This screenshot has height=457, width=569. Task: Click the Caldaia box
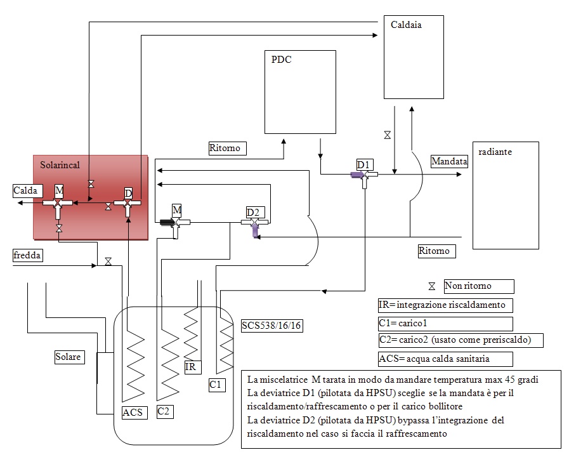(414, 57)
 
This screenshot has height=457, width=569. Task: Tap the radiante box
(506, 195)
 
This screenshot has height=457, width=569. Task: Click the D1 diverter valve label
(363, 165)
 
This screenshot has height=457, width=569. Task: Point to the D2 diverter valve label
(253, 211)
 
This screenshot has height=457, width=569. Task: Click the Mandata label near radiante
(449, 162)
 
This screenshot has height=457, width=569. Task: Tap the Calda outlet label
(25, 190)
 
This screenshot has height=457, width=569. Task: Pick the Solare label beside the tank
(68, 357)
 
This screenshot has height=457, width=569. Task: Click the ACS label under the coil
(134, 413)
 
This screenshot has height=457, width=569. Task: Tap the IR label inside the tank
(190, 367)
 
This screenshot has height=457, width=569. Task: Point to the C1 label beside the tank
(217, 385)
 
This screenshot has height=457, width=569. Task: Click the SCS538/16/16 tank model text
(271, 326)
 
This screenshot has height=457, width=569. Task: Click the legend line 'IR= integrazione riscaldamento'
(444, 305)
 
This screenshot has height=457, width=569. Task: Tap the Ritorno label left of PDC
(225, 149)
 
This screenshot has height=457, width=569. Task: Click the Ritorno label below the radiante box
(434, 251)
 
